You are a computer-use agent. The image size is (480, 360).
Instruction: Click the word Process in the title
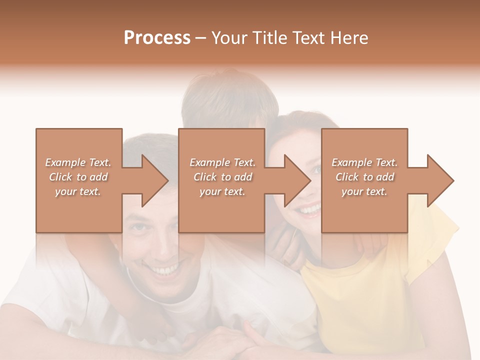coord(157,38)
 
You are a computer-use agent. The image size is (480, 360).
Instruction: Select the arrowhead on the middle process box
coord(298,180)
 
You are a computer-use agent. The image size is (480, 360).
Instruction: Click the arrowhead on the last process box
coord(441,180)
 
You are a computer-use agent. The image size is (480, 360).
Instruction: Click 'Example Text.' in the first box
coord(78,162)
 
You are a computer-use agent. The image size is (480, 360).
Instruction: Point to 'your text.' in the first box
coord(78,191)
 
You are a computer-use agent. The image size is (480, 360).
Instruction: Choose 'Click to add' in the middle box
coord(222,177)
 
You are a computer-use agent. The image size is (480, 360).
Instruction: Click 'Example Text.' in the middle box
coord(222,162)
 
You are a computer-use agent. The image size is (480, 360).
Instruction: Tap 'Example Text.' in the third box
coord(364,162)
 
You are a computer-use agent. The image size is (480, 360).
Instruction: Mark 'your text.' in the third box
coord(364,191)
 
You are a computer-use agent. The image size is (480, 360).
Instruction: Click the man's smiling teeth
coord(166,270)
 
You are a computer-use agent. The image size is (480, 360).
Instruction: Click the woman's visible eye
coord(316,170)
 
